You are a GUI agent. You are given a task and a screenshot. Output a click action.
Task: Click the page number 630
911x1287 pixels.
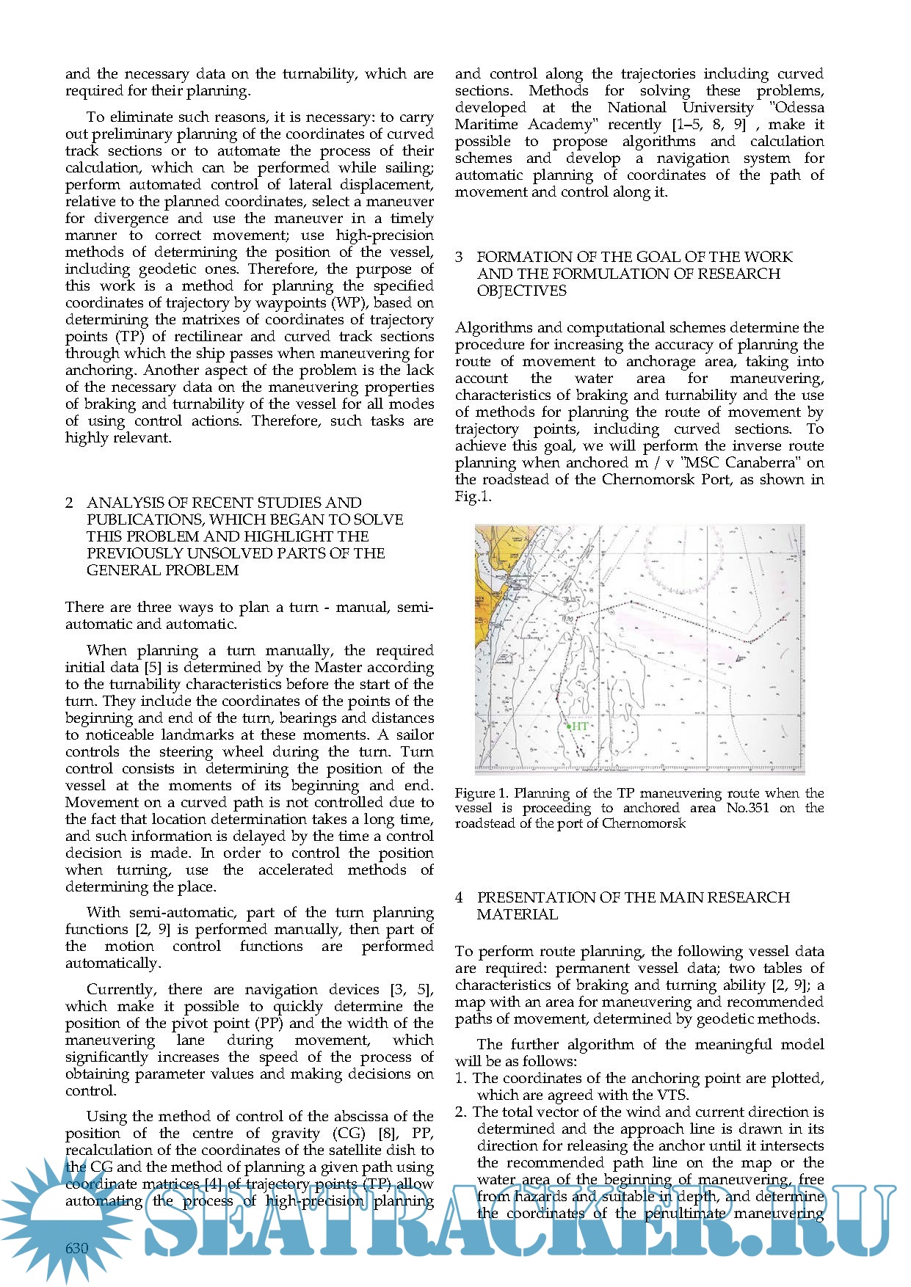(76, 1248)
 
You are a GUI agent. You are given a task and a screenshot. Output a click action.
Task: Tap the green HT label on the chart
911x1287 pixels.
(579, 726)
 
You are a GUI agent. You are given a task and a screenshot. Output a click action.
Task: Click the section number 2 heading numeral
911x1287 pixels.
(69, 503)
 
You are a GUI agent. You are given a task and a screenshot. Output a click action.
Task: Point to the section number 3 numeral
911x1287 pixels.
(460, 257)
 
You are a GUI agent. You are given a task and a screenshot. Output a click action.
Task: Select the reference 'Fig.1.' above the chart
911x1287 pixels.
(473, 497)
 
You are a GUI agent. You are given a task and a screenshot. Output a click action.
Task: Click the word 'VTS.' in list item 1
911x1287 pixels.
(673, 1095)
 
